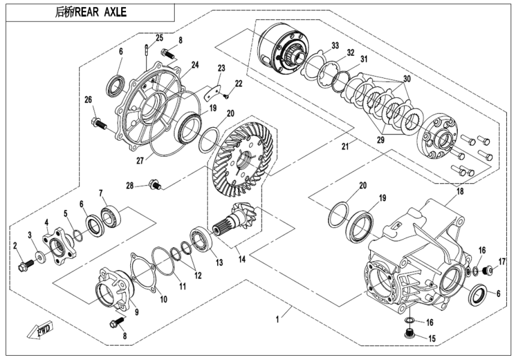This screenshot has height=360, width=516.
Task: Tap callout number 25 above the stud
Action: pos(159,37)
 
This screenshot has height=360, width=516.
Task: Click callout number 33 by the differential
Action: pos(335,46)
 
